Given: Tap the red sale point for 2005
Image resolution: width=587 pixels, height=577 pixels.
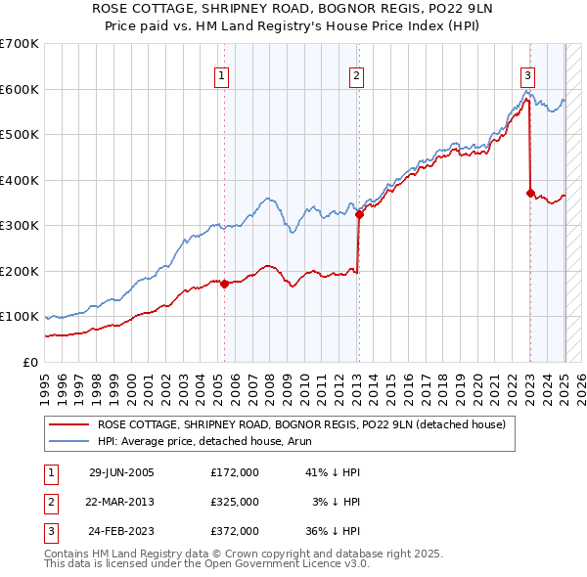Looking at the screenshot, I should (x=225, y=284).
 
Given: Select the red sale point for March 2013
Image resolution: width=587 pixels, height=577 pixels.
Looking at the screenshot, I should (x=359, y=214).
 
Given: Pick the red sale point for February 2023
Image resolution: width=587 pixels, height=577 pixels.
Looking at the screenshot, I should (x=530, y=193).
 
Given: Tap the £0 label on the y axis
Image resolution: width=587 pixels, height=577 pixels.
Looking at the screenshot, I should (x=32, y=362).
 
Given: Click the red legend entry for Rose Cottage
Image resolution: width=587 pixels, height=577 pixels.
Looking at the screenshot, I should (x=301, y=424).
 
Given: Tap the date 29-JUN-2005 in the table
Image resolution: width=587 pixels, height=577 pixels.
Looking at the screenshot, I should (x=121, y=471).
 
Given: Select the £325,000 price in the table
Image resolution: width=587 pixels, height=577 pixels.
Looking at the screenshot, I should (x=234, y=502).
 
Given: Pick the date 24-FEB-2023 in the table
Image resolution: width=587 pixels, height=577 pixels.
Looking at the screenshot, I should (x=121, y=531).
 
